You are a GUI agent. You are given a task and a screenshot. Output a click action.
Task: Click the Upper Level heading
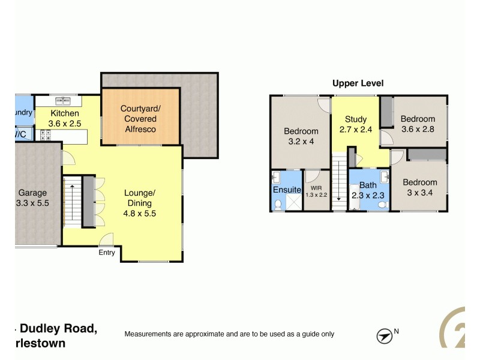[358, 83]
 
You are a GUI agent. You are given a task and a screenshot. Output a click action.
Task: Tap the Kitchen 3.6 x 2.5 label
[64, 118]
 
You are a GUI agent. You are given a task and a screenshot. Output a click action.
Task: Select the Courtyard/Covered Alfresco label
[140, 118]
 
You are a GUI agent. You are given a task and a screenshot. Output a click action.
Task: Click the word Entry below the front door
[107, 253]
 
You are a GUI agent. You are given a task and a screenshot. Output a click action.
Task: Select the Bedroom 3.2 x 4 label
[301, 136]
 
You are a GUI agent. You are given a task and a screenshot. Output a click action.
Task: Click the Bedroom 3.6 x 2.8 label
[418, 124]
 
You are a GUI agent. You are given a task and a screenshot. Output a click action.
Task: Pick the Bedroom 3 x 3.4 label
[419, 187]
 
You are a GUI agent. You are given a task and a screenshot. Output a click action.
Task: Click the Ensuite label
[287, 190]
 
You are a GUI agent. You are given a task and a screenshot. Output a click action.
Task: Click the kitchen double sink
[63, 101]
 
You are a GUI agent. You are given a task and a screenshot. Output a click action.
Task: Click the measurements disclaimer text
[229, 334]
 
